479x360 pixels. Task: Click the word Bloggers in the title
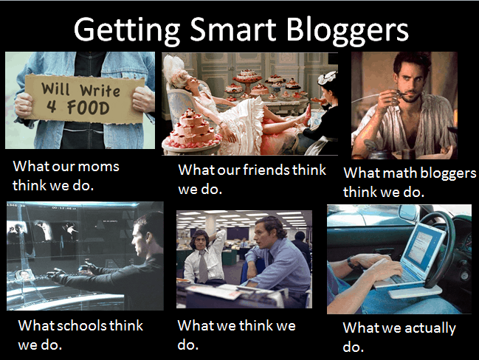(x=347, y=31)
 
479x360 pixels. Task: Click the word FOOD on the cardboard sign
(x=88, y=108)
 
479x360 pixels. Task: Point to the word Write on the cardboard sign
(x=100, y=91)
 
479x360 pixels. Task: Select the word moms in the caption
(x=98, y=167)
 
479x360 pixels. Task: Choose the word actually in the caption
(x=430, y=329)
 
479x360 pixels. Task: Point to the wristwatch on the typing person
(x=351, y=262)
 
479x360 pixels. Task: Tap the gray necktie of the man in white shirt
(x=203, y=266)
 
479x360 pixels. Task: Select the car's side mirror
(x=408, y=212)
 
